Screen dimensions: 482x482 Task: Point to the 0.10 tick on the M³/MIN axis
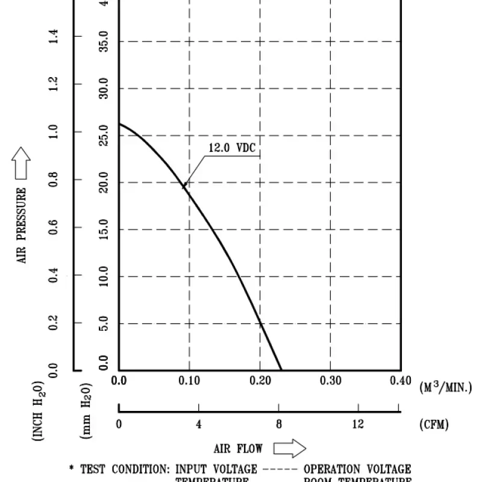pyautogui.click(x=189, y=381)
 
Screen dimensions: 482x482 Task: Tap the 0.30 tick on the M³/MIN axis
pyautogui.click(x=330, y=381)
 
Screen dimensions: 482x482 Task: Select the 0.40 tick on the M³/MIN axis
pyautogui.click(x=400, y=381)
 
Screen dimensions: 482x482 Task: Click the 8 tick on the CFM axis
pyautogui.click(x=278, y=424)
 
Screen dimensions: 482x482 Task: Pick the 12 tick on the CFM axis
pyautogui.click(x=358, y=424)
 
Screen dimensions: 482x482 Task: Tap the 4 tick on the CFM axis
pyautogui.click(x=199, y=424)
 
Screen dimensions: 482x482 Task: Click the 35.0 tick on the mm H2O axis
pyautogui.click(x=103, y=42)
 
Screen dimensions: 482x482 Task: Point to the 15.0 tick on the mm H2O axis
pyautogui.click(x=103, y=230)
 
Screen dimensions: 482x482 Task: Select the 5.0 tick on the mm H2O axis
pyautogui.click(x=103, y=324)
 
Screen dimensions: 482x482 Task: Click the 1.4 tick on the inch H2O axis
pyautogui.click(x=54, y=37)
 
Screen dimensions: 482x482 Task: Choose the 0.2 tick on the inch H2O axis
pyautogui.click(x=54, y=322)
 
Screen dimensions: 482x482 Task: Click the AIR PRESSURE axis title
pyautogui.click(x=22, y=225)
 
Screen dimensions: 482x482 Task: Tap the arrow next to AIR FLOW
pyautogui.click(x=290, y=448)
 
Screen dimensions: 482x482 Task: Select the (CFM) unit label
pyautogui.click(x=434, y=424)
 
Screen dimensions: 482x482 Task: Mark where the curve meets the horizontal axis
pyautogui.click(x=281, y=370)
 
